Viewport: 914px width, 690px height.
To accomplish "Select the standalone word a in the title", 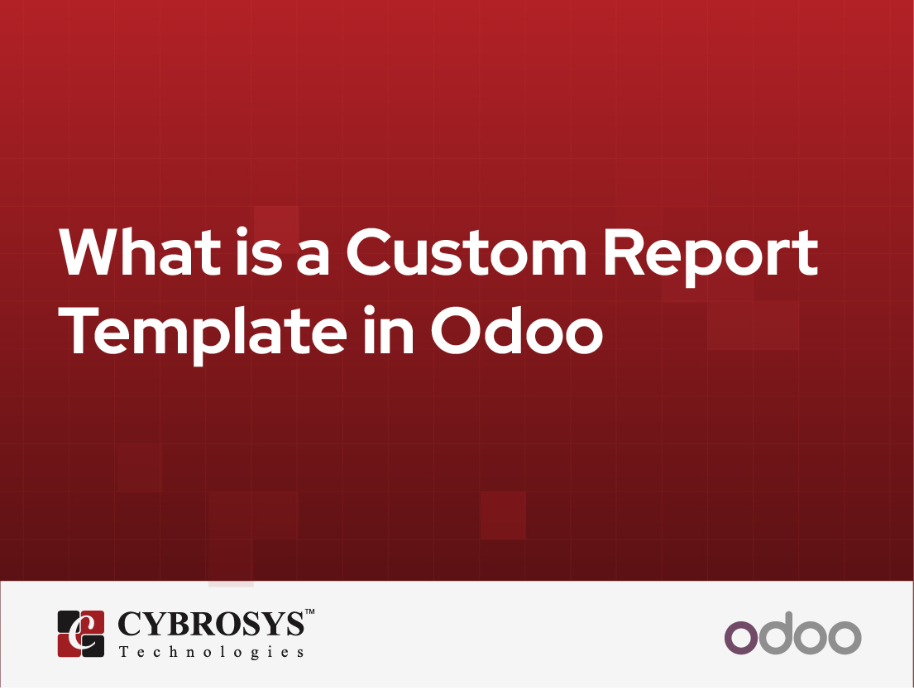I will [x=314, y=256].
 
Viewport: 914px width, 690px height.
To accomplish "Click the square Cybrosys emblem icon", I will [x=80, y=634].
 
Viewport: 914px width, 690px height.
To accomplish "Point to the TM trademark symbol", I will [x=310, y=613].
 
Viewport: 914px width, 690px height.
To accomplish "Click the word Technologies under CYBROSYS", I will [x=211, y=652].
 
